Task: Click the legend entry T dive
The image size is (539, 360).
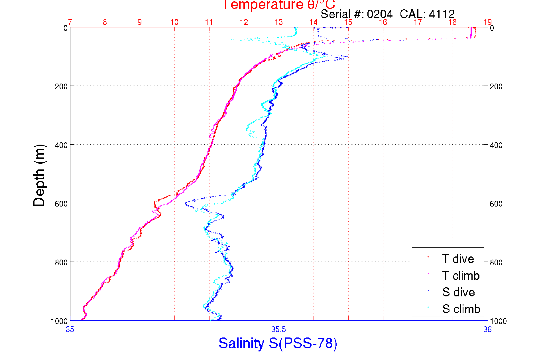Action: [458, 259]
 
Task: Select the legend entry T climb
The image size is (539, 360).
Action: [461, 276]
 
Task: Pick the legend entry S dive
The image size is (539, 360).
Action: [458, 292]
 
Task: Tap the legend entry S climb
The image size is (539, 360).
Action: [461, 309]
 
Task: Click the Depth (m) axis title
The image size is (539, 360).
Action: [39, 175]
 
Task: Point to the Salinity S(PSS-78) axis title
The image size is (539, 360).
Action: [278, 343]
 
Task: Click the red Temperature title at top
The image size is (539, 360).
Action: [278, 5]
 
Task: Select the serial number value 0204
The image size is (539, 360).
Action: [380, 14]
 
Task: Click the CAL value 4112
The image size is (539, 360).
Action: [442, 14]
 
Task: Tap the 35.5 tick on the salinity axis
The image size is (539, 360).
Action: [278, 329]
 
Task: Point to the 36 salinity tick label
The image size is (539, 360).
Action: [487, 329]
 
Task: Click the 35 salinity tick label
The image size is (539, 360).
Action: [70, 329]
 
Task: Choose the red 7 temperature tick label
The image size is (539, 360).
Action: [70, 22]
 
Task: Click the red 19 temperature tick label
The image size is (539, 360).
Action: [487, 22]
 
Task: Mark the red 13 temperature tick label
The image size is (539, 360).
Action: [278, 22]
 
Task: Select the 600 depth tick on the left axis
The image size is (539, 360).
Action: [61, 204]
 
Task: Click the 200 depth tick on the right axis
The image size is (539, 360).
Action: [496, 86]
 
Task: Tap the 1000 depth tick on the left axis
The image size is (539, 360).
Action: [59, 321]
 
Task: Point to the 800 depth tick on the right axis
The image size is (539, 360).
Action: [496, 262]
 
